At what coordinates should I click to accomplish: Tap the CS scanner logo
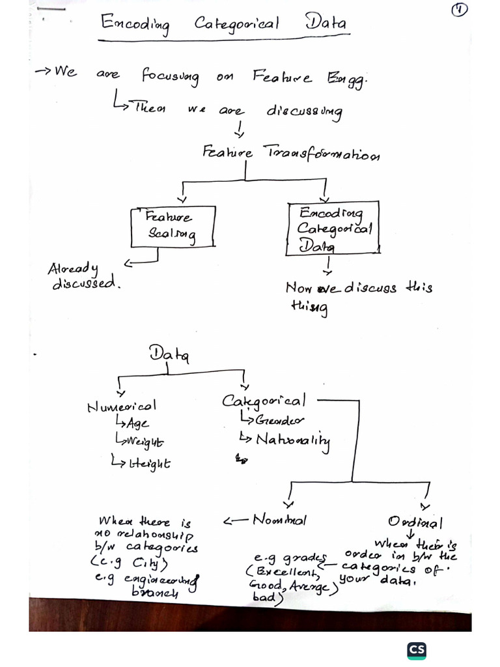(417, 651)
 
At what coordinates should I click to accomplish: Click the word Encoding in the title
(135, 23)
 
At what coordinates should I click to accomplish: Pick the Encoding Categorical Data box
(333, 228)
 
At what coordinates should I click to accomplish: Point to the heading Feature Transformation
(291, 154)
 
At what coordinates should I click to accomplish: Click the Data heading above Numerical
(169, 354)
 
